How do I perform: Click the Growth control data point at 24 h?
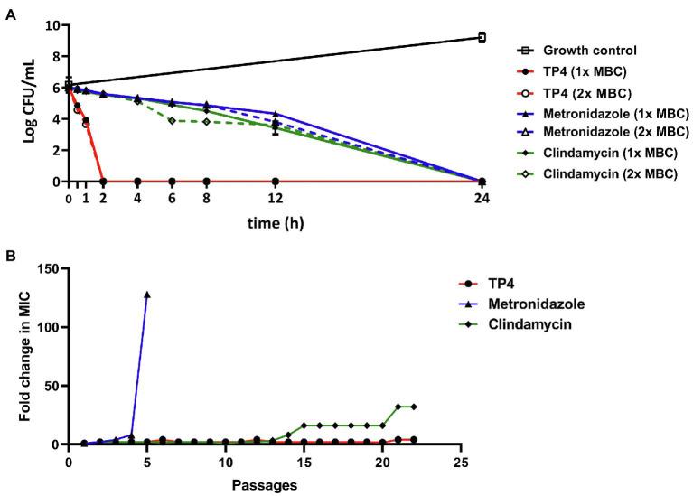482,37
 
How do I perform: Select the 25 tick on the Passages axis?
461,462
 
